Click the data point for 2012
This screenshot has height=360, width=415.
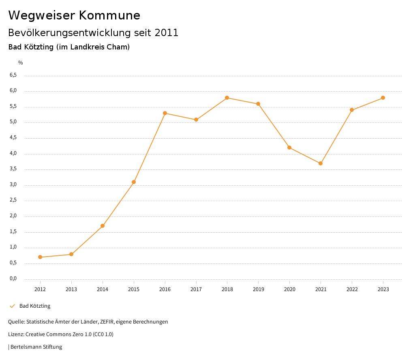(40, 257)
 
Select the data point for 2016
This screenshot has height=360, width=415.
(165, 113)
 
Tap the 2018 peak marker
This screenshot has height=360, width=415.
(227, 98)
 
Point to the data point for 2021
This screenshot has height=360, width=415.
(321, 163)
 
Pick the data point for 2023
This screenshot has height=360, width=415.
(383, 98)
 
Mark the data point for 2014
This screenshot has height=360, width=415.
(103, 226)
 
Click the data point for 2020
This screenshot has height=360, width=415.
(289, 148)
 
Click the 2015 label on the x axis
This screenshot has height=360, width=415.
(134, 289)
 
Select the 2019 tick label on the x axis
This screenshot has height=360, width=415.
(258, 289)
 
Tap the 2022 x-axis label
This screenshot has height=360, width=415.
(352, 289)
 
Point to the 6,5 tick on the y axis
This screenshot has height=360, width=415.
(13, 75)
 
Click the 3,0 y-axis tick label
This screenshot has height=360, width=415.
(13, 185)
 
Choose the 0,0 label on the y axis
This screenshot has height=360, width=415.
(13, 279)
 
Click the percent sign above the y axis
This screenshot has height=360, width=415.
(21, 63)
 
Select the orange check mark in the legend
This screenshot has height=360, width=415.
(12, 306)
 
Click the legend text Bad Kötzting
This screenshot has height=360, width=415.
(35, 306)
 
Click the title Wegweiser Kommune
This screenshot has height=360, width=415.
(74, 15)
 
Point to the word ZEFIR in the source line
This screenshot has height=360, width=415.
(106, 322)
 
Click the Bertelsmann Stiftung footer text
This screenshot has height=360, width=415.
(36, 347)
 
